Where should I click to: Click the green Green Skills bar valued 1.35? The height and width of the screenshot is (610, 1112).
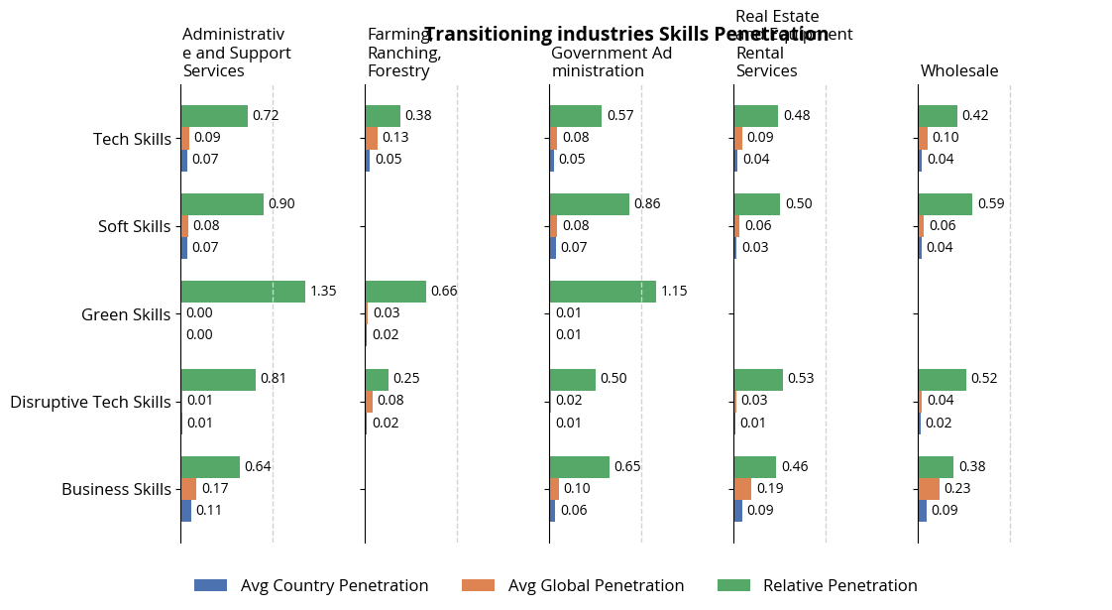(x=243, y=292)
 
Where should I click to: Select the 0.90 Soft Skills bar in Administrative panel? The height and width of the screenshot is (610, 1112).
(x=222, y=204)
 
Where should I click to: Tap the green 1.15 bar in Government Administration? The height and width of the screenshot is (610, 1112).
(x=603, y=292)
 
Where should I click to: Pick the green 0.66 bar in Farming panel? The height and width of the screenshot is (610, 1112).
(x=395, y=292)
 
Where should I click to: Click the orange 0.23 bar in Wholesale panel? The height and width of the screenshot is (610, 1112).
(x=929, y=489)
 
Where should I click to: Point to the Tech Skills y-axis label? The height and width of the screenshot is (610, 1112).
(x=132, y=139)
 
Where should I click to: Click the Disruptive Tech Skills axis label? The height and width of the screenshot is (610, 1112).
(x=90, y=402)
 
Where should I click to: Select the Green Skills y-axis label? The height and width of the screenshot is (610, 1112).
(x=126, y=314)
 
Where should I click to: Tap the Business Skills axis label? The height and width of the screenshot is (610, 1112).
(x=116, y=489)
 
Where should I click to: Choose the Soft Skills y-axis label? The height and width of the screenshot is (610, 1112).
(x=134, y=226)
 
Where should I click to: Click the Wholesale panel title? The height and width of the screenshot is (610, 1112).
(x=959, y=70)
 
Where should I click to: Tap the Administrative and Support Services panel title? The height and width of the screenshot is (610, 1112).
(x=237, y=53)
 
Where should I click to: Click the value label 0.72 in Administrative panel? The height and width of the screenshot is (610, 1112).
(x=266, y=116)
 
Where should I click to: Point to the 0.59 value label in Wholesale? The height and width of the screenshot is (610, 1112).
(x=991, y=204)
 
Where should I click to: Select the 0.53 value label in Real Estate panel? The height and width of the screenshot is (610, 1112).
(x=801, y=379)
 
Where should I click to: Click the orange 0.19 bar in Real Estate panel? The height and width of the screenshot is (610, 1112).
(x=742, y=489)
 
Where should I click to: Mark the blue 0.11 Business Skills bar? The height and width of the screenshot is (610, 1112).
(x=186, y=511)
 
